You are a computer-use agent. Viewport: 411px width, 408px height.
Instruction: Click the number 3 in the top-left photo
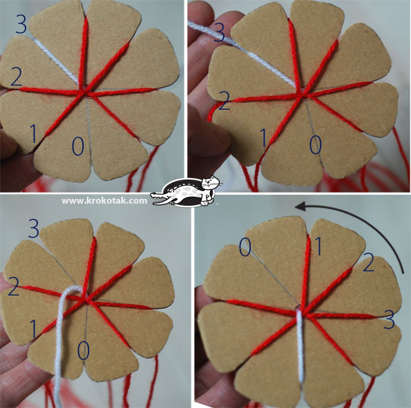(21, 24)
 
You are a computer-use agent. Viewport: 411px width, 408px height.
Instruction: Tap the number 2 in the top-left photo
(17, 77)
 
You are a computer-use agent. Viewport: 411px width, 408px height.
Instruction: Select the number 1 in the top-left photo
(33, 133)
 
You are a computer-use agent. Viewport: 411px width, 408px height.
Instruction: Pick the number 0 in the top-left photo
(78, 146)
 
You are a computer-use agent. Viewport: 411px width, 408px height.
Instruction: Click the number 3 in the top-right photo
(220, 32)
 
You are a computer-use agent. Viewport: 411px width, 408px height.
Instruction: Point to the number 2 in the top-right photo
(224, 101)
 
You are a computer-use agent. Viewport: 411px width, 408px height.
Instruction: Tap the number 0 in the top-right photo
(315, 145)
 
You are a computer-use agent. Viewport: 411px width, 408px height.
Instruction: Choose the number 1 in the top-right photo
(263, 138)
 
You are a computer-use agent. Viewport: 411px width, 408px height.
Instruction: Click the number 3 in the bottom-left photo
(34, 229)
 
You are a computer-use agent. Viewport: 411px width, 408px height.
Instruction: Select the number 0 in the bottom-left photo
(84, 351)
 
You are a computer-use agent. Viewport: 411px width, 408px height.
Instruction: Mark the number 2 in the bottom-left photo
(14, 286)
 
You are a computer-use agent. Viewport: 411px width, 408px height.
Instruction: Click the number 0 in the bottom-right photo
(245, 247)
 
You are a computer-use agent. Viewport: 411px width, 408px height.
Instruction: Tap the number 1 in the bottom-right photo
(318, 246)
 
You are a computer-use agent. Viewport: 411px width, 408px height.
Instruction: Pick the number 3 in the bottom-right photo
(389, 320)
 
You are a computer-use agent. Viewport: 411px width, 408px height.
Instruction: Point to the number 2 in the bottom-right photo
(369, 262)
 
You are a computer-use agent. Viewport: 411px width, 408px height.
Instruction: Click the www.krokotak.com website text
(104, 201)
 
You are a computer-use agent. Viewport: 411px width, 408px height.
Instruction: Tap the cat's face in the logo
(209, 182)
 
